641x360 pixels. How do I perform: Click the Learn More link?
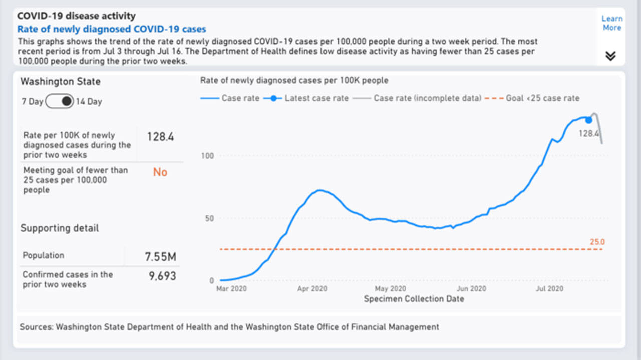pos(611,23)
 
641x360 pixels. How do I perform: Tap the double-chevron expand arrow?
pos(610,56)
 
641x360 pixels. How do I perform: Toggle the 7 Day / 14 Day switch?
pos(60,102)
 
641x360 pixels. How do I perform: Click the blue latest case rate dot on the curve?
pos(588,120)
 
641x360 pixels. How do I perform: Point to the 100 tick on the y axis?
pos(207,156)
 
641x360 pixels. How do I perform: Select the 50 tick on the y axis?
pos(209,218)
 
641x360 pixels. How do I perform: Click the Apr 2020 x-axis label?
pos(312,289)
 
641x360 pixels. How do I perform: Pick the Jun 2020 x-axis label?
pos(471,289)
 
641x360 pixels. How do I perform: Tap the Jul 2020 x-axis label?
pos(549,289)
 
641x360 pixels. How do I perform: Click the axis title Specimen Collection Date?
pos(413,299)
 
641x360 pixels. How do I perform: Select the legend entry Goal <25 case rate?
pos(541,98)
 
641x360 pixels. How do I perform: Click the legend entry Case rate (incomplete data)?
pos(427,98)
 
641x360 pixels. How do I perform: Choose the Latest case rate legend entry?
pos(316,98)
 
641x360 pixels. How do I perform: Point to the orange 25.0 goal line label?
pos(597,242)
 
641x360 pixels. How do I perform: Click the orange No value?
pos(160,172)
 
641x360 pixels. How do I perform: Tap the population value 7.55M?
pos(160,257)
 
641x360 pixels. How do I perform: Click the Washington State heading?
pos(60,81)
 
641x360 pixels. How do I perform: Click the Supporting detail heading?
pos(60,228)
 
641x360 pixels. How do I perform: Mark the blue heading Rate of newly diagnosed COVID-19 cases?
pos(112,29)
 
